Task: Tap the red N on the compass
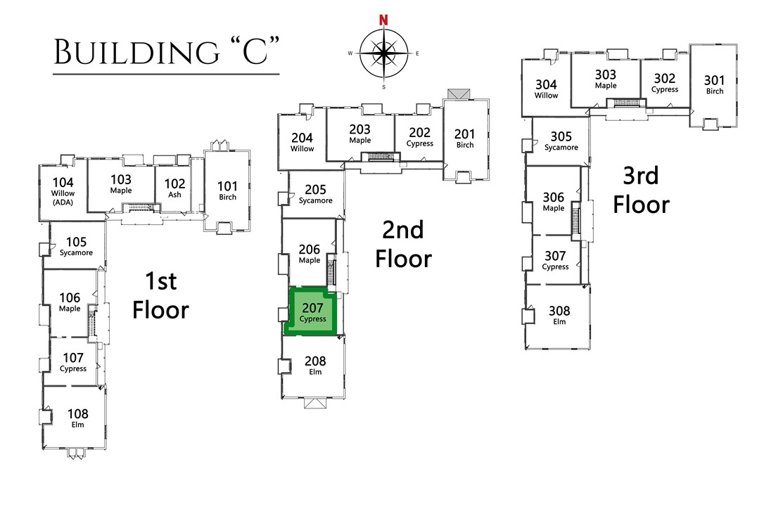[383, 20]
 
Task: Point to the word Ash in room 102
[174, 194]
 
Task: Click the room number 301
[714, 80]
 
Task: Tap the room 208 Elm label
[314, 365]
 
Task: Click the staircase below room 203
[379, 156]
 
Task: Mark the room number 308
[559, 311]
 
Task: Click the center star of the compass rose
[383, 53]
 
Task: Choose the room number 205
[315, 189]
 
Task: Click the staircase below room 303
[625, 103]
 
